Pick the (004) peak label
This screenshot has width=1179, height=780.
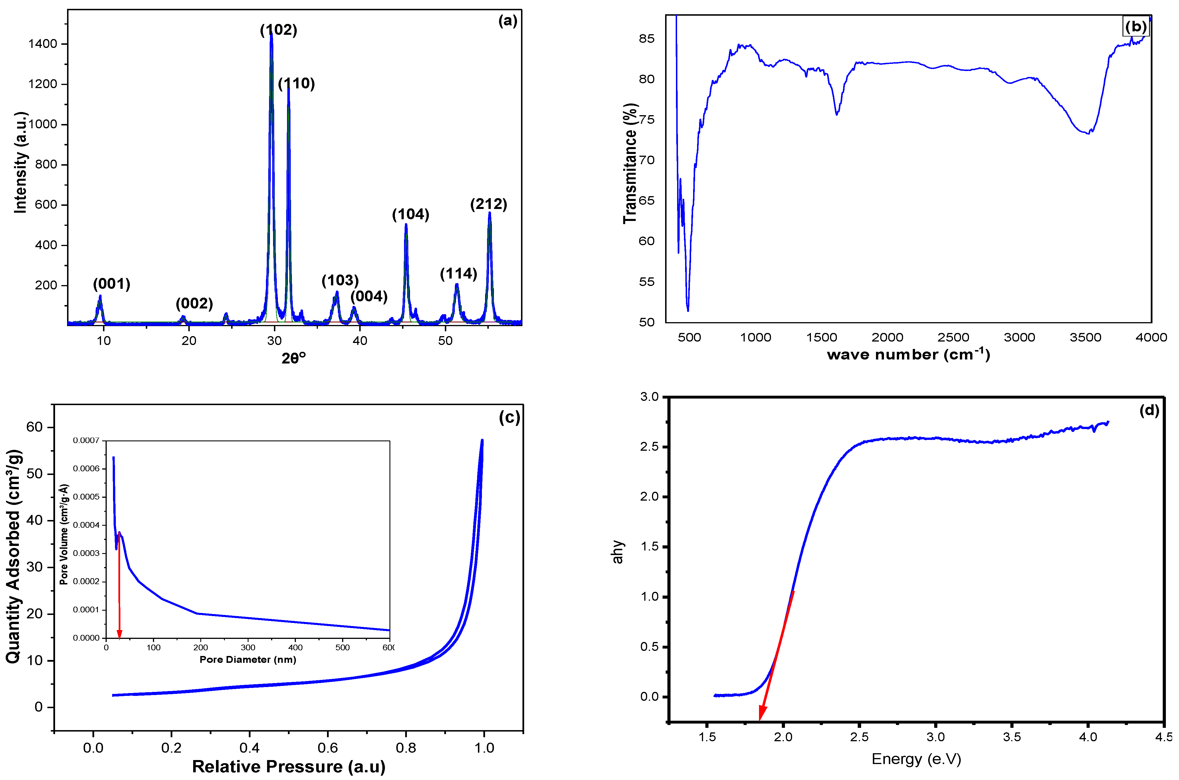(369, 296)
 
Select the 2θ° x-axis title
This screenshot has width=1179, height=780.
(294, 358)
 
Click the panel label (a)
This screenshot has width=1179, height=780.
(508, 21)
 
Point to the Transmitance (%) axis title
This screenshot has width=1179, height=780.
(630, 163)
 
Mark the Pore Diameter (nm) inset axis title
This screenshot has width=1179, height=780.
(248, 660)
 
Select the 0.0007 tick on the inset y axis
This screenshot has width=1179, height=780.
(86, 440)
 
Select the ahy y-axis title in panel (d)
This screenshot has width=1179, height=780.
(617, 552)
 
